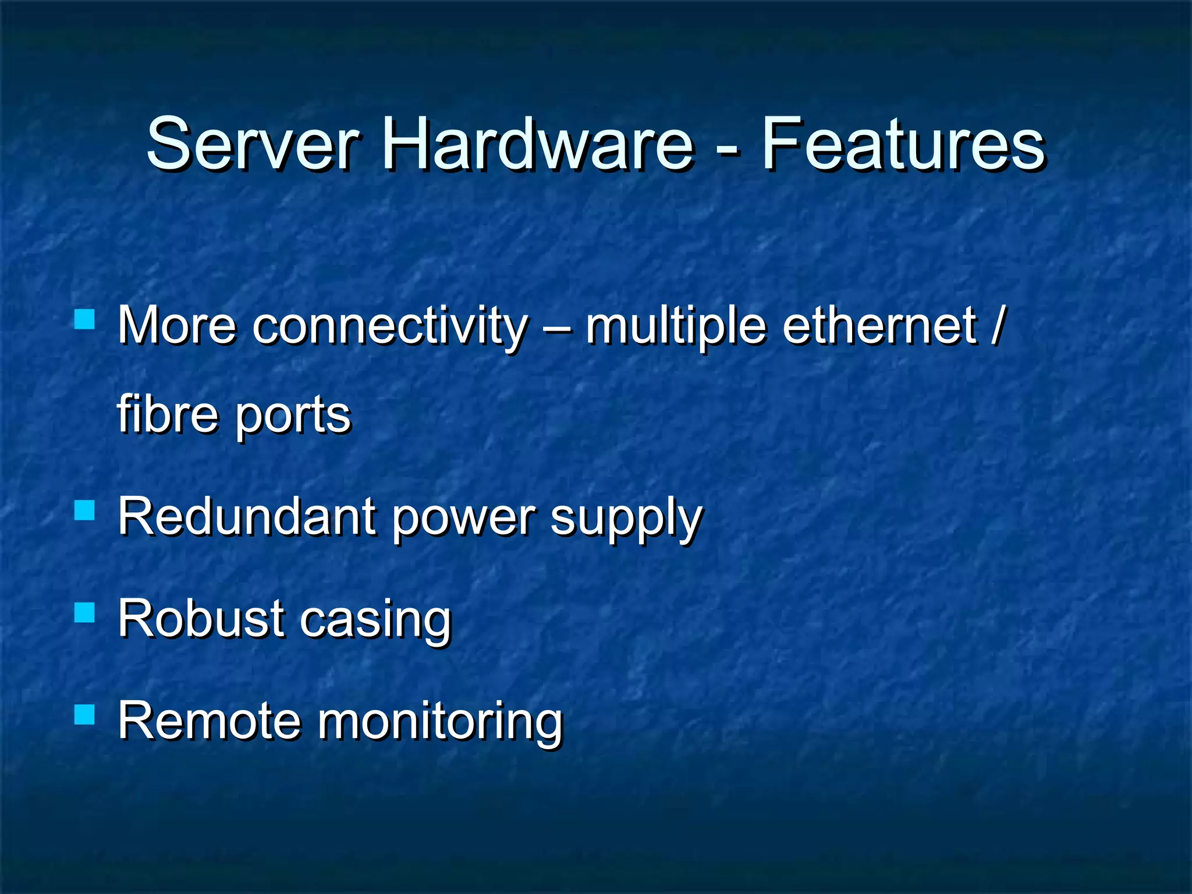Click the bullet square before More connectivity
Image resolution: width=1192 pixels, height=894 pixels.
pyautogui.click(x=85, y=320)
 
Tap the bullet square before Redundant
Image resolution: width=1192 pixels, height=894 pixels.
pyautogui.click(x=85, y=510)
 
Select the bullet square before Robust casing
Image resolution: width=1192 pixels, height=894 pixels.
pyautogui.click(x=85, y=612)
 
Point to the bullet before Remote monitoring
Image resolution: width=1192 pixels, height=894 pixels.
pyautogui.click(x=85, y=714)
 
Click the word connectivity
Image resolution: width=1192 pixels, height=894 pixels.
pyautogui.click(x=390, y=326)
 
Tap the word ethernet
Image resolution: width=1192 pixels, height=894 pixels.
pyautogui.click(x=879, y=326)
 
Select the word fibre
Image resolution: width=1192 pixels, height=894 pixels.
pyautogui.click(x=168, y=414)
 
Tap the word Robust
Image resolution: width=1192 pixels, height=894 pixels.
pyautogui.click(x=201, y=619)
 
